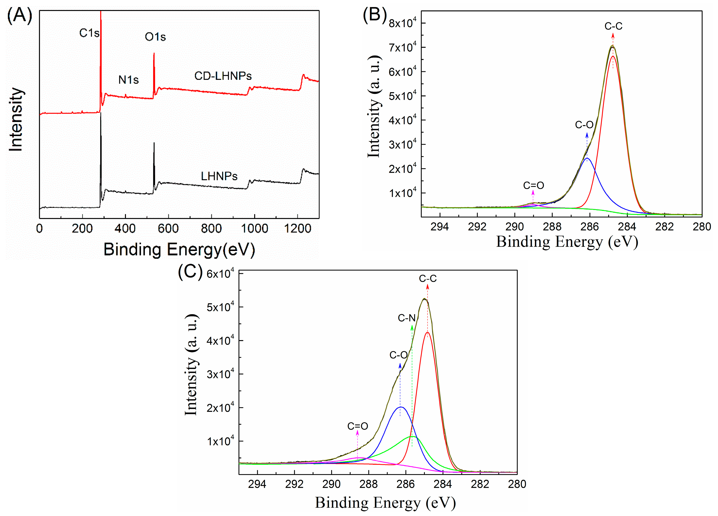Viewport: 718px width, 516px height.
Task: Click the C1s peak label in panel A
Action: pyautogui.click(x=89, y=33)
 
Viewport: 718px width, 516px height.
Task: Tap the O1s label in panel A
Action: pyautogui.click(x=155, y=37)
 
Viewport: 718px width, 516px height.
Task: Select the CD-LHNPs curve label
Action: pyautogui.click(x=223, y=76)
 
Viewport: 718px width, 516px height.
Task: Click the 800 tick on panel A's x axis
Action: pyautogui.click(x=211, y=228)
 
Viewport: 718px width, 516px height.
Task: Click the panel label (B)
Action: pyautogui.click(x=375, y=15)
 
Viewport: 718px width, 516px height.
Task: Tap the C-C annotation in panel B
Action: pyautogui.click(x=613, y=26)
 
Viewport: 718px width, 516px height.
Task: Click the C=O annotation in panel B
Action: pyautogui.click(x=533, y=185)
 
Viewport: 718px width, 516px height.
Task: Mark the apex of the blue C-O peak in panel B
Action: pyautogui.click(x=587, y=158)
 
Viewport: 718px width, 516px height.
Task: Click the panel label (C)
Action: pyautogui.click(x=190, y=272)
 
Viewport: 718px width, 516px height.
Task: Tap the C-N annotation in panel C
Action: pyautogui.click(x=407, y=318)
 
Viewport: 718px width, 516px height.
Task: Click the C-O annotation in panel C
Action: pyautogui.click(x=398, y=355)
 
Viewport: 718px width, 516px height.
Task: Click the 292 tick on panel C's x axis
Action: pyautogui.click(x=294, y=484)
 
